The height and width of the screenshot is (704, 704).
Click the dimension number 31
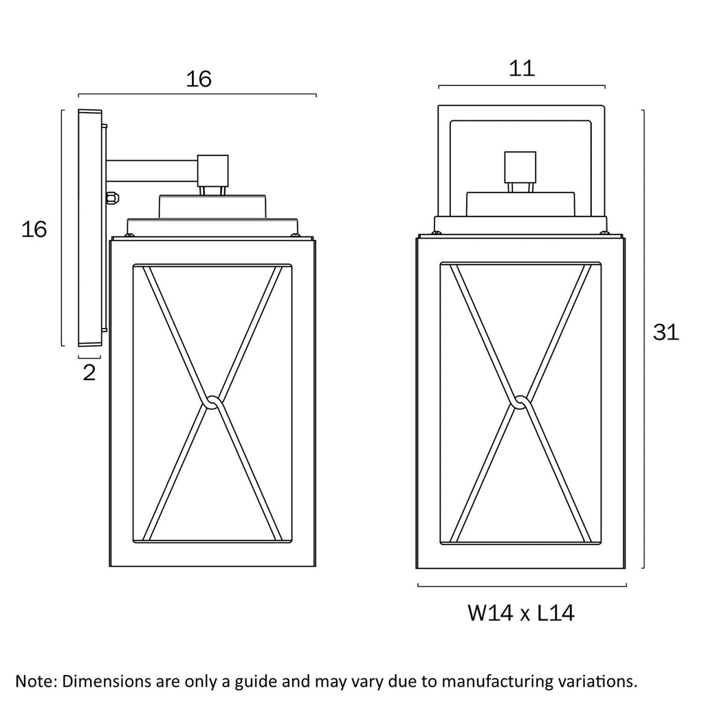665,333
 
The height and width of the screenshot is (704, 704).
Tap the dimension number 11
522,69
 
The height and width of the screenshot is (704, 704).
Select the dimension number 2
89,373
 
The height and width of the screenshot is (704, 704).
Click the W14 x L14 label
521,613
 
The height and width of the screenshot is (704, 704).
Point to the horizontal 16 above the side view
199,80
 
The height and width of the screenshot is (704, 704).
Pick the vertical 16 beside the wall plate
34,230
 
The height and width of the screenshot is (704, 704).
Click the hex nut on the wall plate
113,198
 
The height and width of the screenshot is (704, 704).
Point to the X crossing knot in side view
212,401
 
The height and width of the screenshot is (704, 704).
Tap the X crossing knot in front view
521,401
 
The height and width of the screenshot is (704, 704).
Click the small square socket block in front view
520,166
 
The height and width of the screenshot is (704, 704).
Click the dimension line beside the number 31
643,339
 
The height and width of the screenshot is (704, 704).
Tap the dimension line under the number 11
522,86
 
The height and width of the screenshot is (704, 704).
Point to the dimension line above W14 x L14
522,586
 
